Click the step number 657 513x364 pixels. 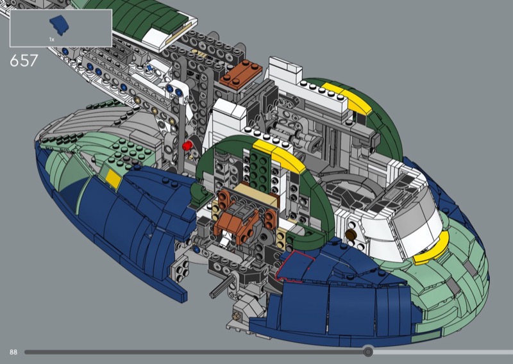pyautogui.click(x=24, y=60)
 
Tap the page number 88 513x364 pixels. pyautogui.click(x=13, y=352)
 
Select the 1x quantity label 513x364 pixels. pyautogui.click(x=52, y=40)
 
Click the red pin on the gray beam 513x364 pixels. pyautogui.click(x=187, y=145)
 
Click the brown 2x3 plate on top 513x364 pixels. pyautogui.click(x=241, y=74)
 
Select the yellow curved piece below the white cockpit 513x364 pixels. pyautogui.click(x=431, y=249)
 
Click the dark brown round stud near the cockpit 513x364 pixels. pyautogui.click(x=351, y=234)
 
